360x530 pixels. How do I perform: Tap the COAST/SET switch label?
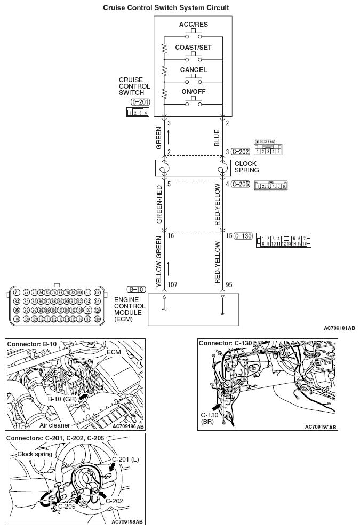click(x=193, y=48)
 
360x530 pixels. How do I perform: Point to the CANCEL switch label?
click(x=193, y=70)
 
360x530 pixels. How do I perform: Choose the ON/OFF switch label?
click(x=193, y=91)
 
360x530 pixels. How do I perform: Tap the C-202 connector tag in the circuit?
click(x=241, y=152)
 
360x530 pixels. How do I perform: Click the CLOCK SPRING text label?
click(x=246, y=167)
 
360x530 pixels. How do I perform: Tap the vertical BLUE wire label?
click(x=217, y=137)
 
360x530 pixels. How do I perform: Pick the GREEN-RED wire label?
click(x=159, y=205)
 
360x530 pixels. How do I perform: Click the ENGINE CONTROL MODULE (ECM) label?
click(x=130, y=310)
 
